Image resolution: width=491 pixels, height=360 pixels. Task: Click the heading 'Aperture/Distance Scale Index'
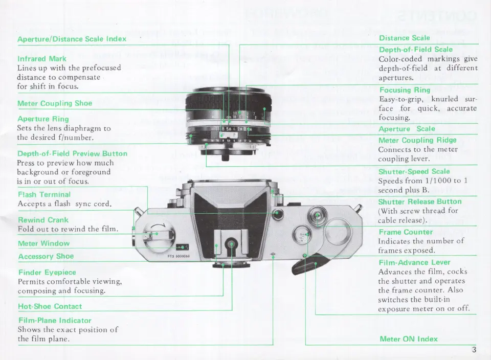72,39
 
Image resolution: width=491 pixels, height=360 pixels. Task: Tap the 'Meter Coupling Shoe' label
55,103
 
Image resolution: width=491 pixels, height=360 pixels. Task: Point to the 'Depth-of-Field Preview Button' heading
72,153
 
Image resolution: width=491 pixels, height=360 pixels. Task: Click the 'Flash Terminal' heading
44,195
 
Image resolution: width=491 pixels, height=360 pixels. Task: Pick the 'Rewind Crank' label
43,220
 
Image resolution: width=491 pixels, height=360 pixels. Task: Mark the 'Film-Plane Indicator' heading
55,321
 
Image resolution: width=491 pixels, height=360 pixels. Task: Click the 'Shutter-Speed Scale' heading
414,171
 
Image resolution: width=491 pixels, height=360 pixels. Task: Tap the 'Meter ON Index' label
409,339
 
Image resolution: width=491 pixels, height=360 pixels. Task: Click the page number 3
474,350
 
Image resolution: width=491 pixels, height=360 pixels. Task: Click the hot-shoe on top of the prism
231,245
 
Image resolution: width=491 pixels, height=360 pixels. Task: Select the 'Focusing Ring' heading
405,91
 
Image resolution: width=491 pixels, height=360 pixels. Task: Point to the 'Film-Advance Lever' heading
414,262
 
